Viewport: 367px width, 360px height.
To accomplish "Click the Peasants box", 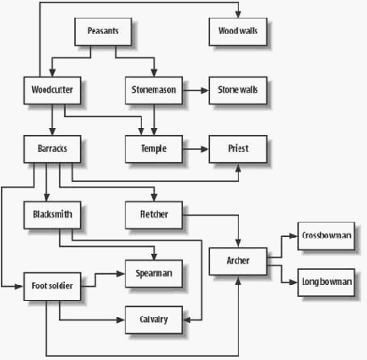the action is (103, 32).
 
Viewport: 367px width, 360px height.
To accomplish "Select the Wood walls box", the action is (238, 32).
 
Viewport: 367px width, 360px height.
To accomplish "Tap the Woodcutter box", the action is (52, 90).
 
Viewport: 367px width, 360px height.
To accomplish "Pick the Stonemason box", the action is (154, 90).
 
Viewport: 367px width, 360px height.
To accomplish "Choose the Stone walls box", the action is (238, 90).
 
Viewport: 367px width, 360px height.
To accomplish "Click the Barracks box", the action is (52, 149).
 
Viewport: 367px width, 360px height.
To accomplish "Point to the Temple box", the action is (154, 149).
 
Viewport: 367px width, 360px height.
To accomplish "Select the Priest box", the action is (238, 149).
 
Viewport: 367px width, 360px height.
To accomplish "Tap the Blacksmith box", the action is (52, 215).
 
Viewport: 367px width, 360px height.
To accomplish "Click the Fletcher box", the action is (154, 215).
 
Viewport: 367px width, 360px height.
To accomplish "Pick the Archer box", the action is (238, 261).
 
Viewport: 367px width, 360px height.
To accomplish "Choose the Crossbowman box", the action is (327, 236).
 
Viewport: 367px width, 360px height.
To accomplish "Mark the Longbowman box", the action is (327, 282).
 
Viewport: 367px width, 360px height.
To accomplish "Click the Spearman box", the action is (154, 274).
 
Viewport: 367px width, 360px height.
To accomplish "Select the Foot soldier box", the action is (52, 287).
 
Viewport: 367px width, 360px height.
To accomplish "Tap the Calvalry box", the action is (154, 320).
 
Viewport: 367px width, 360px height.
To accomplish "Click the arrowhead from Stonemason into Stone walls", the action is (205, 90).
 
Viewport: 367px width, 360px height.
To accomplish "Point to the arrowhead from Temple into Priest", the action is (205, 149).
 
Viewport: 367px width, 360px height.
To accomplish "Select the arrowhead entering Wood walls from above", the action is (238, 14).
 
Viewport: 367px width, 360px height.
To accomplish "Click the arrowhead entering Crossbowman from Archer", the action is (294, 236).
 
